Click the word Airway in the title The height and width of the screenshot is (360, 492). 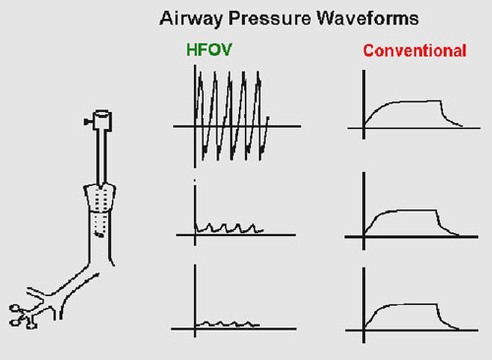191,19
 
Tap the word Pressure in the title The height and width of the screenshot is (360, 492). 270,18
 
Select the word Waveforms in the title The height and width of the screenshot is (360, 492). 367,18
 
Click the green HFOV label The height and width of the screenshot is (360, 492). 209,50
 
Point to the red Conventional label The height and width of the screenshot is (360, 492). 414,51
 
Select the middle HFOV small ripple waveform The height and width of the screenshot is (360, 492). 229,228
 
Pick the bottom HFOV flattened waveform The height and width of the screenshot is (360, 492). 227,324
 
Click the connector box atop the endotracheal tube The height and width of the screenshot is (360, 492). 102,121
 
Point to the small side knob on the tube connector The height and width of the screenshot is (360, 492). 88,122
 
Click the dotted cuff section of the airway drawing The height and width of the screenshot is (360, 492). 100,199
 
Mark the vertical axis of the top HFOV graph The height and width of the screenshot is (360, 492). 195,116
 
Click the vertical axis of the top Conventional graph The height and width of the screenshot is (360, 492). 364,104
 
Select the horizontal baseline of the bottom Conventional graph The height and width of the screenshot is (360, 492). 411,330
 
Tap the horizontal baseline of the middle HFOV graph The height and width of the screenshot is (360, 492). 236,235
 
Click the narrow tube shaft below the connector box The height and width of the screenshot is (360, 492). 101,157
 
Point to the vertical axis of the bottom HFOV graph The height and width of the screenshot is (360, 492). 195,301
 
